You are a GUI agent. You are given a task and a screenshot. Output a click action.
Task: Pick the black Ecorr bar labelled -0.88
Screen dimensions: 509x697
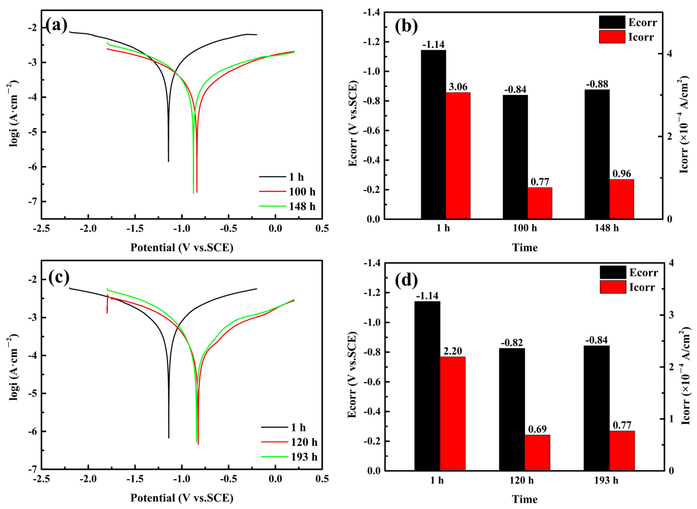(x=597, y=154)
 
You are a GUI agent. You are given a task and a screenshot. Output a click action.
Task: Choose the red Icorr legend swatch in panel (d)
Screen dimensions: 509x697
(x=613, y=287)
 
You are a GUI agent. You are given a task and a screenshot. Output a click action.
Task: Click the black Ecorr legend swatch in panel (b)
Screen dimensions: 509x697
(x=612, y=22)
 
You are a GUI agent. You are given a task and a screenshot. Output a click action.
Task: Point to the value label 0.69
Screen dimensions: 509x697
(x=537, y=429)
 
